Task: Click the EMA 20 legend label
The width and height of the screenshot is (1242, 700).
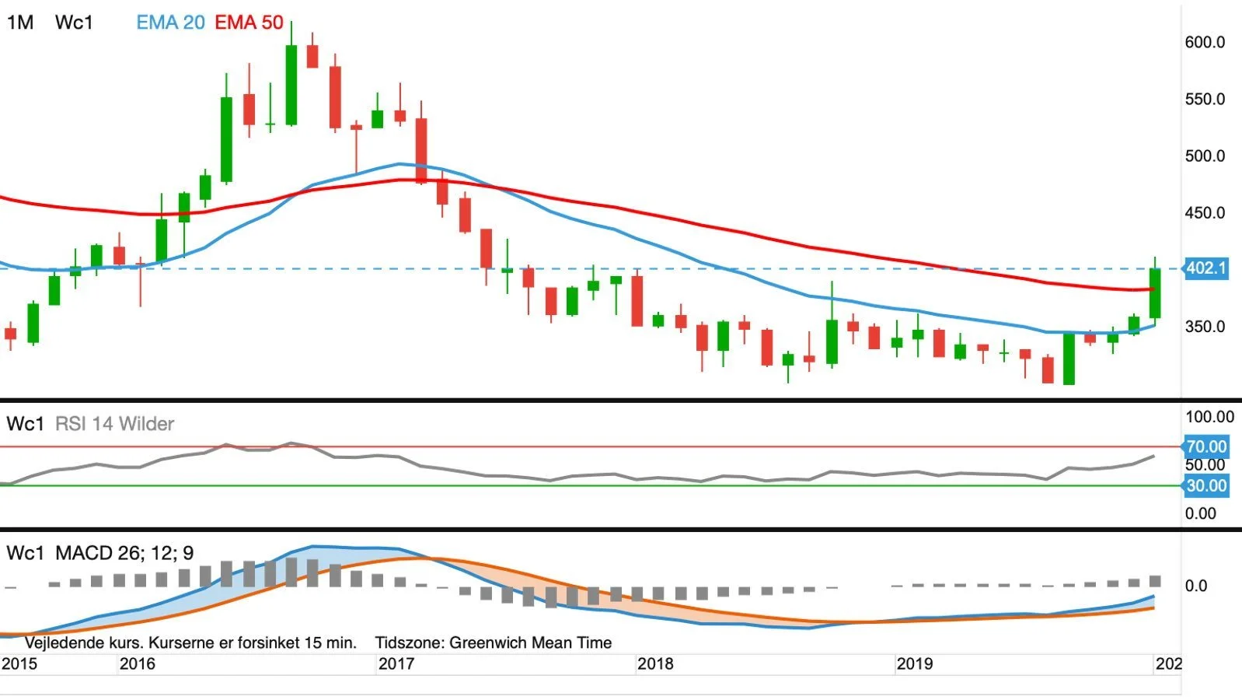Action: pyautogui.click(x=170, y=23)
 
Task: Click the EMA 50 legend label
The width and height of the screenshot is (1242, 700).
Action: pyautogui.click(x=249, y=23)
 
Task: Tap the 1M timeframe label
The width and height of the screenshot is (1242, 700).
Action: pyautogui.click(x=20, y=23)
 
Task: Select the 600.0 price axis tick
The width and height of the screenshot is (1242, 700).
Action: pyautogui.click(x=1205, y=42)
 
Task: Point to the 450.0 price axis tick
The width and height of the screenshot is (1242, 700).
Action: pyautogui.click(x=1205, y=212)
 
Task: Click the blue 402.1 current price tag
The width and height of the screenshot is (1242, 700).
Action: pyautogui.click(x=1206, y=268)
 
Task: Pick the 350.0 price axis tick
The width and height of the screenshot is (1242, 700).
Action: pyautogui.click(x=1205, y=326)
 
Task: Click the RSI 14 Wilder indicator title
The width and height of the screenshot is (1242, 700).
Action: pyautogui.click(x=115, y=424)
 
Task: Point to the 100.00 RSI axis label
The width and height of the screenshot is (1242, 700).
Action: pyautogui.click(x=1209, y=417)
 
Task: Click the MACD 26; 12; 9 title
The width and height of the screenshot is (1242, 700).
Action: pyautogui.click(x=125, y=553)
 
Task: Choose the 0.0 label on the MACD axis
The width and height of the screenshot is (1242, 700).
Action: pyautogui.click(x=1196, y=586)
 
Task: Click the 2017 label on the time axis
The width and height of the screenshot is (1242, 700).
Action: pyautogui.click(x=396, y=664)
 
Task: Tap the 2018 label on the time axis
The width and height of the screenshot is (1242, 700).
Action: pyautogui.click(x=655, y=664)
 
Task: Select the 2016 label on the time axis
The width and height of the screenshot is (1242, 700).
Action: pyautogui.click(x=138, y=664)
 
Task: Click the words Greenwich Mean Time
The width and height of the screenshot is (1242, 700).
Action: pyautogui.click(x=530, y=642)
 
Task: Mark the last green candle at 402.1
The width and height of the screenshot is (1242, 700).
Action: pyautogui.click(x=1155, y=293)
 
